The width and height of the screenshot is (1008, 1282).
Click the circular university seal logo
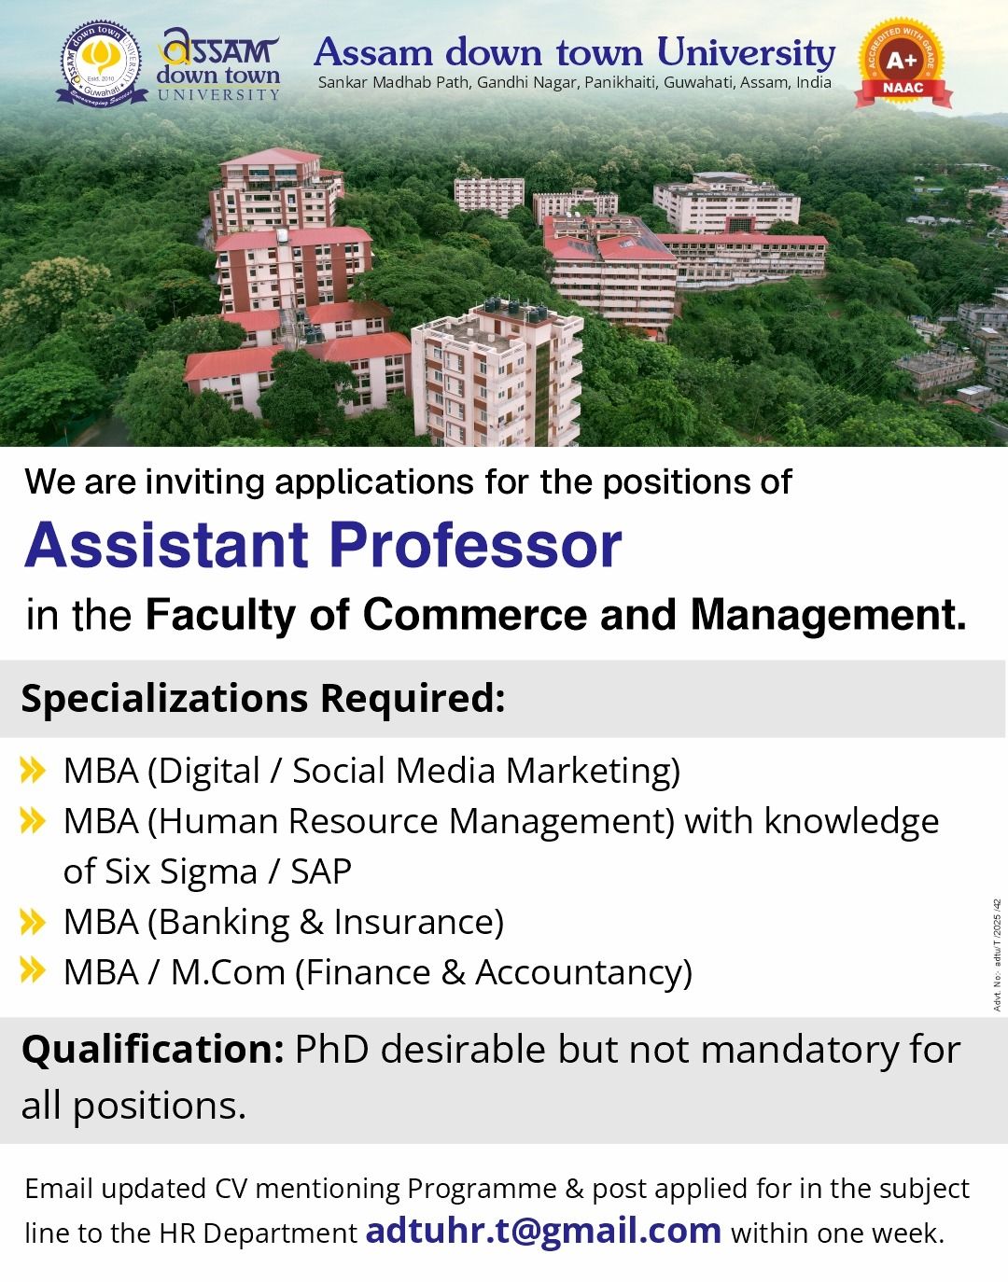tap(102, 63)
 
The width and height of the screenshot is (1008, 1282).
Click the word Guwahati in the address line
tap(698, 83)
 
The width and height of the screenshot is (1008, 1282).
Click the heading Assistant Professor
tap(323, 545)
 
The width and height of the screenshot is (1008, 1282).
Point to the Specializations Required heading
tap(263, 698)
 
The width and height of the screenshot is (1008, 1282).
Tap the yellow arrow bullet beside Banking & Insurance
tap(33, 922)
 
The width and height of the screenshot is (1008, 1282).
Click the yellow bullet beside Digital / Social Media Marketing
tap(33, 771)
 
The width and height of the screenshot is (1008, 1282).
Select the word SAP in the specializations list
tap(321, 871)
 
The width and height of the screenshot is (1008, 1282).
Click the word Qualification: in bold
tap(153, 1051)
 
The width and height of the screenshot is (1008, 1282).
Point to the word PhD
tap(331, 1051)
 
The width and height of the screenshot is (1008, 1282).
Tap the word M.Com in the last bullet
tap(228, 972)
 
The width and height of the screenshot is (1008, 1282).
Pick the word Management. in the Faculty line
tap(828, 615)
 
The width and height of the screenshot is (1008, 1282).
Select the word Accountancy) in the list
tap(583, 973)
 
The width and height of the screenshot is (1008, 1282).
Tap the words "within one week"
tap(838, 1233)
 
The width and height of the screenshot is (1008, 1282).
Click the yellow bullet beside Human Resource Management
tap(33, 821)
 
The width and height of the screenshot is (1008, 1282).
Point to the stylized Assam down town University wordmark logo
tap(217, 63)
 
